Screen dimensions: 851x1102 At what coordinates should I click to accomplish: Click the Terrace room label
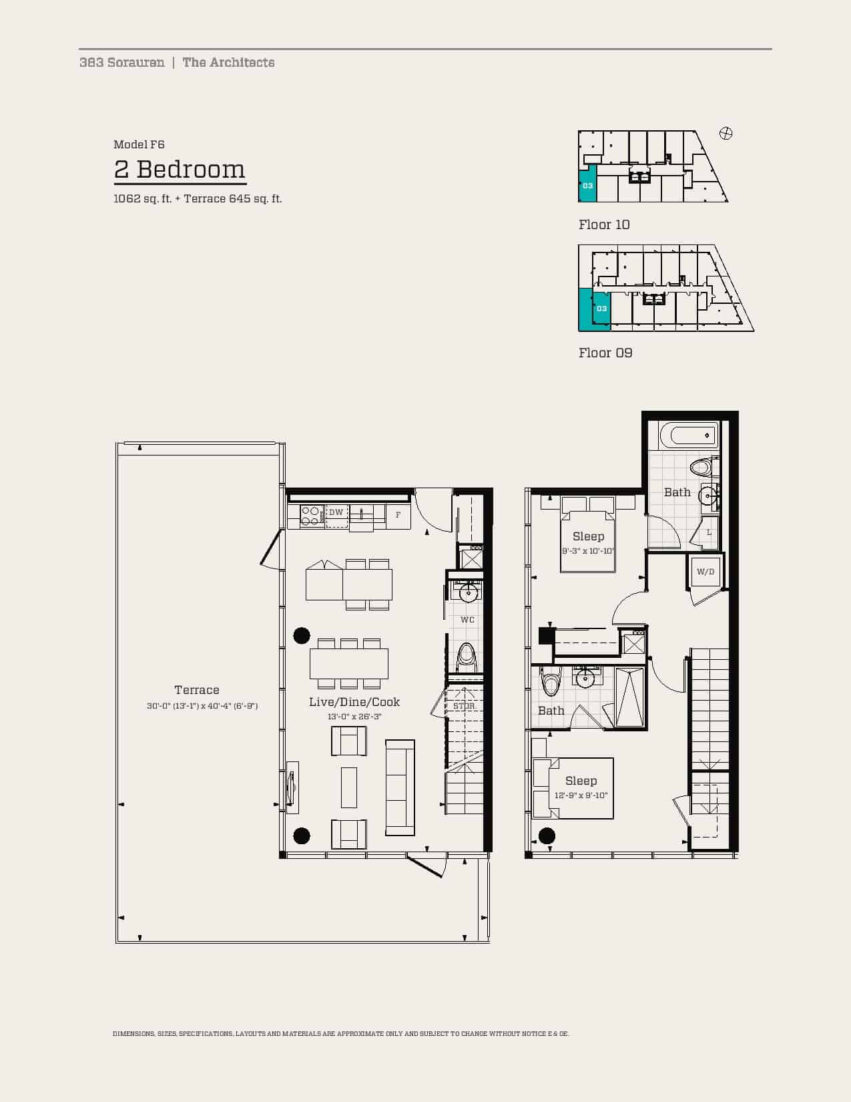[197, 690]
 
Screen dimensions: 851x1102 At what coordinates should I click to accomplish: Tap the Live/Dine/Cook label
[354, 702]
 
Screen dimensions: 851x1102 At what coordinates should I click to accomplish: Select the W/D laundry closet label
[705, 572]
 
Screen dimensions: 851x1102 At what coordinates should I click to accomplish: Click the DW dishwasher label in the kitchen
[336, 512]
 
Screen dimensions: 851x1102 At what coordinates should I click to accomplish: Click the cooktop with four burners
[310, 516]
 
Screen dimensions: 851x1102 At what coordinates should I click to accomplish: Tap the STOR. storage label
[464, 706]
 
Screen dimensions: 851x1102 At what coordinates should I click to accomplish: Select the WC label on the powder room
[467, 620]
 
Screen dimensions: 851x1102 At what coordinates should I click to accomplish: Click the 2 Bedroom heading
[180, 170]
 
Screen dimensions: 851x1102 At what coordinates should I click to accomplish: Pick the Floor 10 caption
[604, 224]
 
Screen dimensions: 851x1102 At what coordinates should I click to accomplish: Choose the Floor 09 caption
[605, 353]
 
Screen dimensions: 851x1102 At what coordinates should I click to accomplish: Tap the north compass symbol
[726, 134]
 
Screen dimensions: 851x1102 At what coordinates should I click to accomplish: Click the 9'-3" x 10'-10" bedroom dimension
[588, 551]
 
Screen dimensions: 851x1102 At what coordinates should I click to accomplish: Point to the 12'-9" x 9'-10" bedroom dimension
[581, 795]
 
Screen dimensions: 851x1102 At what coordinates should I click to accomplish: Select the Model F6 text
[139, 144]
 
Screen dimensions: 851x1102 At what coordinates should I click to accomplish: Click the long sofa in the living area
[400, 787]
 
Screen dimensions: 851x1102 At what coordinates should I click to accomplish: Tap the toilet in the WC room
[466, 658]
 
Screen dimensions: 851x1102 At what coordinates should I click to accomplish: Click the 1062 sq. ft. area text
[142, 199]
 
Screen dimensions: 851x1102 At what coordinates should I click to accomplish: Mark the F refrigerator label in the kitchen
[398, 515]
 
